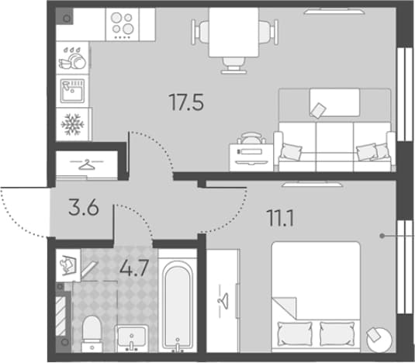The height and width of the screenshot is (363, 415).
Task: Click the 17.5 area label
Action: [x=186, y=102]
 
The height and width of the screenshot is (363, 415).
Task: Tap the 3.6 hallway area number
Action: [x=84, y=207]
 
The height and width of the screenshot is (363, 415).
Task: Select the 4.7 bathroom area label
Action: [x=133, y=268]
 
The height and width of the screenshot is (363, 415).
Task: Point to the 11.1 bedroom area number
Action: [x=281, y=218]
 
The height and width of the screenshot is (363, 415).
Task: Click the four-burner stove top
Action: [x=123, y=25]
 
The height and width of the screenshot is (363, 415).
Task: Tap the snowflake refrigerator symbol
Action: [x=72, y=124]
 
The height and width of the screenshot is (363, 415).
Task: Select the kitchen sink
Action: [x=72, y=91]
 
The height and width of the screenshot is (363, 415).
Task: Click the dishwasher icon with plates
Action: [x=72, y=58]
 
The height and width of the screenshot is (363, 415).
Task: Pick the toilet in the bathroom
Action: [x=92, y=334]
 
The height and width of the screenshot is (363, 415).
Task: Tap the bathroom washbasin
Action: [x=132, y=337]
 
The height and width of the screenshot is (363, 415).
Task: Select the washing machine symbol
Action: [x=68, y=264]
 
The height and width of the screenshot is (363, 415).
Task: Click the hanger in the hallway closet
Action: [x=87, y=164]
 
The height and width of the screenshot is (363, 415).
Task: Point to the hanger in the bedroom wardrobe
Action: [x=223, y=301]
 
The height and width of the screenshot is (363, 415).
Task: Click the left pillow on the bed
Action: [x=295, y=334]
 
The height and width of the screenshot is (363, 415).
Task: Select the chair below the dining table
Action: [x=233, y=65]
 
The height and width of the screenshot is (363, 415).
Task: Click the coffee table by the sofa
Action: [x=335, y=102]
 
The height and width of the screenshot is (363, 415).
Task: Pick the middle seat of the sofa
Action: [x=335, y=147]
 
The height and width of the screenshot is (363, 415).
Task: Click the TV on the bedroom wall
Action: [x=313, y=184]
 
